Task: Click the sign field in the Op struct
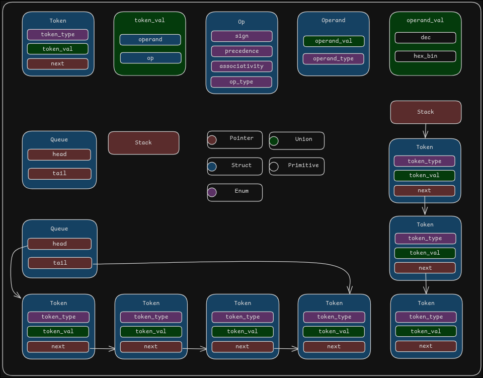(242, 36)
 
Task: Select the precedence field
(242, 51)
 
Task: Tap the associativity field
(242, 66)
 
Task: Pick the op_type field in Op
(241, 82)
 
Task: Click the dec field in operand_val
(425, 38)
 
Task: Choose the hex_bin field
(425, 56)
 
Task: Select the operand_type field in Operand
(333, 59)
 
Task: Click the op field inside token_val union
(150, 58)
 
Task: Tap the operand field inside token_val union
(150, 40)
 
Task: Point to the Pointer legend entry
(234, 139)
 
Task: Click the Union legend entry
(296, 140)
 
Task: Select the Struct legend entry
(234, 166)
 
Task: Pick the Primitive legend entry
(296, 166)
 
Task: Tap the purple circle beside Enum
(212, 192)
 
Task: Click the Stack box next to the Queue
(143, 143)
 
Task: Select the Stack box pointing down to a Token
(426, 112)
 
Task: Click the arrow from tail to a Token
(226, 262)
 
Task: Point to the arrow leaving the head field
(12, 272)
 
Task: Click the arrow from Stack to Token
(425, 131)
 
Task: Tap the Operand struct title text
(333, 21)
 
